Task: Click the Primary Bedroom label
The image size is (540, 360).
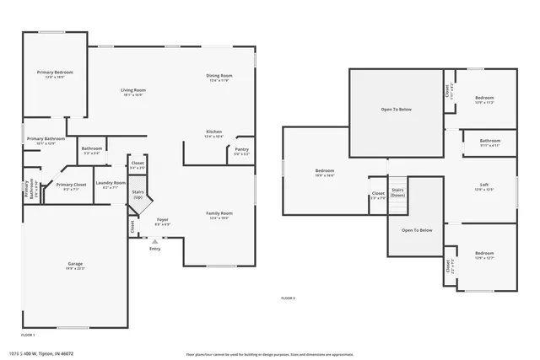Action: click(55, 73)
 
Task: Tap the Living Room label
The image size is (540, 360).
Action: click(132, 90)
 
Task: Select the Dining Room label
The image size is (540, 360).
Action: click(219, 76)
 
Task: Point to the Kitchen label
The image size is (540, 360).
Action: click(215, 132)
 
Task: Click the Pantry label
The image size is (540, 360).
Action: click(241, 149)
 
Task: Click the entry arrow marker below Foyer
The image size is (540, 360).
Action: click(154, 240)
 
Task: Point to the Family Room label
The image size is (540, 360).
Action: click(219, 213)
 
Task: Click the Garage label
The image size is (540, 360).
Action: click(75, 264)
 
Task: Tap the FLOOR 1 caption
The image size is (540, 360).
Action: click(28, 335)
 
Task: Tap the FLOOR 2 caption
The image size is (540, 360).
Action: click(288, 298)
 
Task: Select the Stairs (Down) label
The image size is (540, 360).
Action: click(398, 192)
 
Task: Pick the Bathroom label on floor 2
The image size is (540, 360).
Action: click(490, 141)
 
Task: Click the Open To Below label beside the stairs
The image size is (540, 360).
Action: click(417, 230)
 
